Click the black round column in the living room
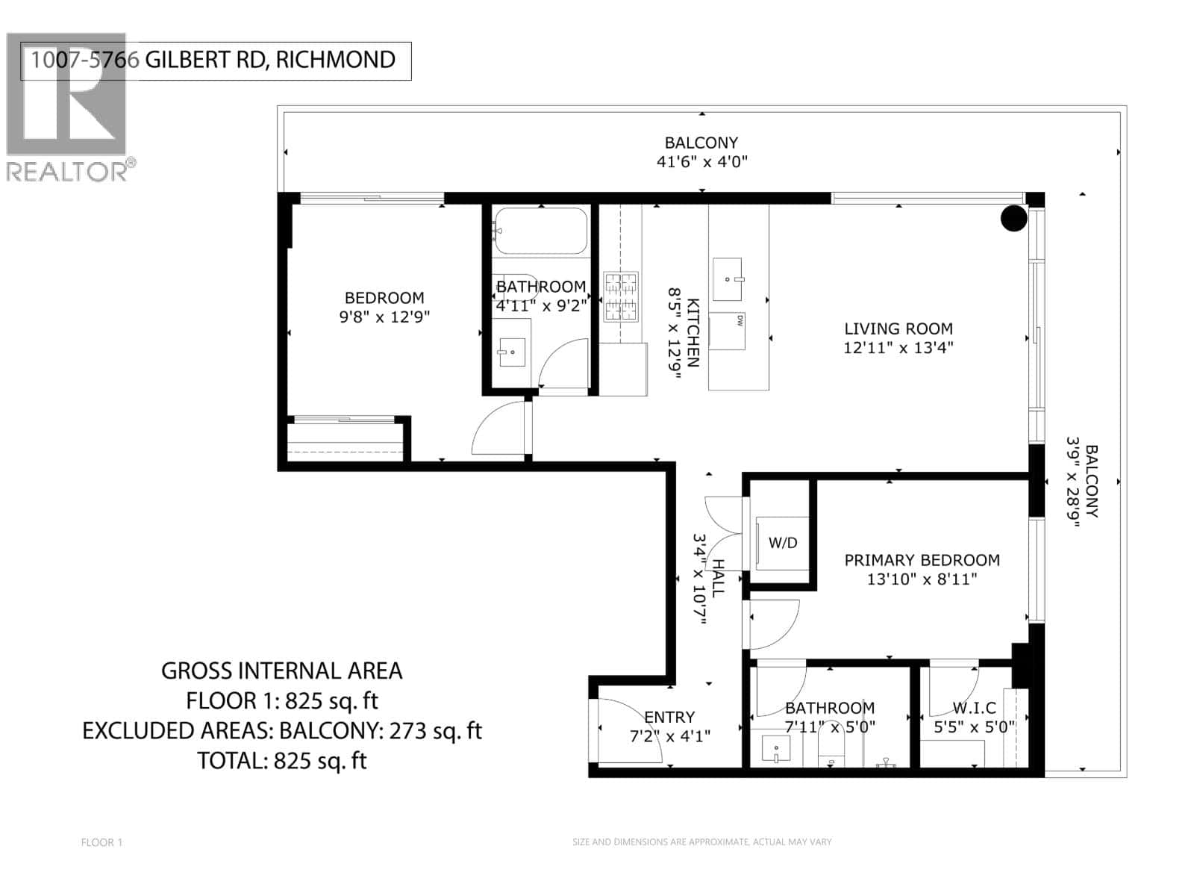point(1013,218)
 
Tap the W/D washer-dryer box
point(782,543)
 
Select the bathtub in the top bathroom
point(540,231)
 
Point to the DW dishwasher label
point(740,321)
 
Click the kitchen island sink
point(728,277)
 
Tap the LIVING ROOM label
point(898,329)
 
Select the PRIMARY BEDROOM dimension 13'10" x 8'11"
point(922,579)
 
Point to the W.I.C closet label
point(974,708)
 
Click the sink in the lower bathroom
point(776,749)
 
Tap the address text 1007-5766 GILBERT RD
point(213,60)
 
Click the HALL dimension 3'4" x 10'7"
point(698,579)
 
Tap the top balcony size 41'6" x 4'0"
point(701,161)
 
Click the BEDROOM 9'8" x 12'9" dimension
point(384,317)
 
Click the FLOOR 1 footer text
point(101,842)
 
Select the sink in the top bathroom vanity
point(512,352)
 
